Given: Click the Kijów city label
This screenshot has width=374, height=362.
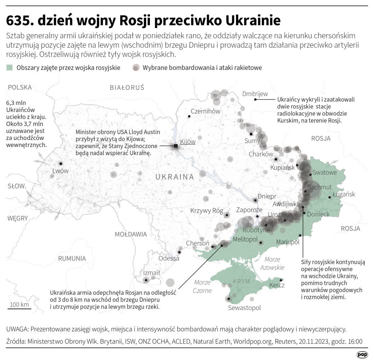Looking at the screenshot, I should (188, 142).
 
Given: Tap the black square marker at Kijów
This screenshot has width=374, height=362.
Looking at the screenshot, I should (176, 146).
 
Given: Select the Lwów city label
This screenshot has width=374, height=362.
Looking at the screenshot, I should (60, 171).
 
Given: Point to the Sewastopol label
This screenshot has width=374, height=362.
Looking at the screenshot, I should (244, 308).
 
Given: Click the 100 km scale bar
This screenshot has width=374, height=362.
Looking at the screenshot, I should (19, 309).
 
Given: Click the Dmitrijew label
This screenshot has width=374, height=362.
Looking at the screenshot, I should (255, 94).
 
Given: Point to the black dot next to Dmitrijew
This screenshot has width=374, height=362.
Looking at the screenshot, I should (255, 100).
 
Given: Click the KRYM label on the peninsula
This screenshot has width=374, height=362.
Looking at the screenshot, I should (241, 281).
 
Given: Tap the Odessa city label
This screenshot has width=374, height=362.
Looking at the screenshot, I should (169, 258).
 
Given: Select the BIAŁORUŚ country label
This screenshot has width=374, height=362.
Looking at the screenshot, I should (127, 88).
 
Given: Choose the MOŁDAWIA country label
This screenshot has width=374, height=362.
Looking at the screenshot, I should (131, 234).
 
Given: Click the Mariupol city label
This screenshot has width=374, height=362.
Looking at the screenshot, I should (288, 242).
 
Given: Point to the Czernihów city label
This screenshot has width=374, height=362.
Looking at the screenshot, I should (206, 111).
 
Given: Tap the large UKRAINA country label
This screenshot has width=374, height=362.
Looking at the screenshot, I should (174, 177).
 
